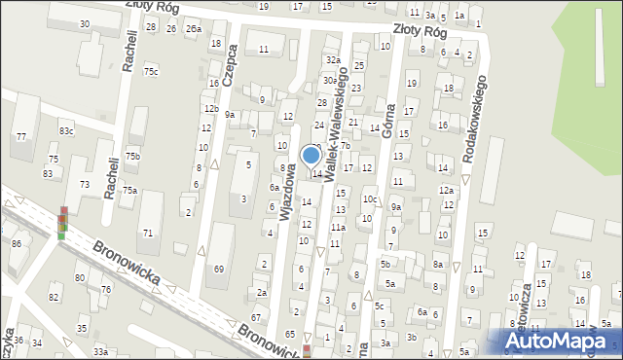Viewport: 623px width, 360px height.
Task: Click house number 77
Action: tap(20, 137)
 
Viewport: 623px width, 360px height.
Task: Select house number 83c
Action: tap(66, 130)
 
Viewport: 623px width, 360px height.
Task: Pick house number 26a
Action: tap(193, 29)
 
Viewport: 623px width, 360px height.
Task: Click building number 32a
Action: tap(331, 59)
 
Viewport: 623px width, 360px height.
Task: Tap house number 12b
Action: tap(210, 108)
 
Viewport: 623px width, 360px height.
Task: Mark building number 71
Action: tap(147, 233)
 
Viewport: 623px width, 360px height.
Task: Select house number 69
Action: tap(219, 269)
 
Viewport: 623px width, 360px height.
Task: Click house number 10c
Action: tap(370, 199)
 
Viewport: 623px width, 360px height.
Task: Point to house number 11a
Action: tap(337, 227)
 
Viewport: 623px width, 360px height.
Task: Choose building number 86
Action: tap(16, 242)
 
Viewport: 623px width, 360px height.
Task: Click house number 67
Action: tap(256, 317)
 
